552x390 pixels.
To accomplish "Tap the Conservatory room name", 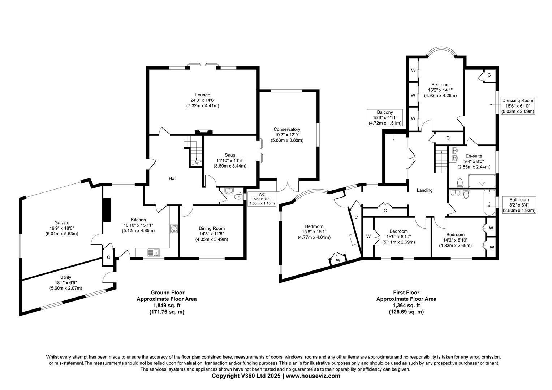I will click(x=287, y=129).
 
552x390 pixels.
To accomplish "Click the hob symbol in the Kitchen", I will click(x=174, y=229).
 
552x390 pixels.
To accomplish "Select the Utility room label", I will click(x=65, y=277).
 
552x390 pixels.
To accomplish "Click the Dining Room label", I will click(x=211, y=228).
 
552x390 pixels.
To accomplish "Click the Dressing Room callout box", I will click(x=517, y=106).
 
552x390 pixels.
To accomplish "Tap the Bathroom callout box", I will click(x=519, y=205).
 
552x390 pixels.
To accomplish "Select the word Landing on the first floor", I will click(x=424, y=190).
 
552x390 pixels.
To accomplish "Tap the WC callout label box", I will click(x=262, y=199).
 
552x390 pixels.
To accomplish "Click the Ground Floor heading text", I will click(x=167, y=292).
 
